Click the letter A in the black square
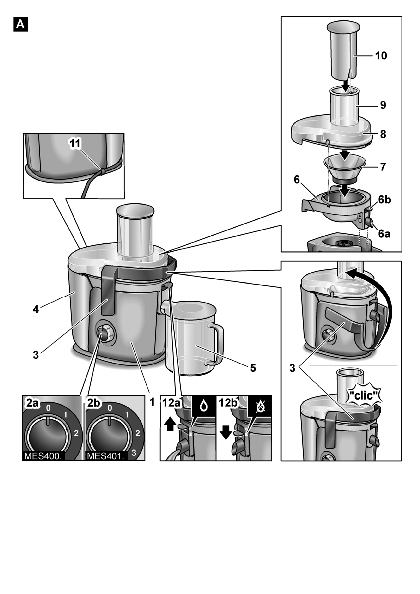click(22, 24)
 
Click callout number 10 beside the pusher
click(382, 56)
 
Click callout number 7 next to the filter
click(383, 166)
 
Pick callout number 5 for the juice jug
click(253, 368)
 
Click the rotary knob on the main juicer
click(103, 334)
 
